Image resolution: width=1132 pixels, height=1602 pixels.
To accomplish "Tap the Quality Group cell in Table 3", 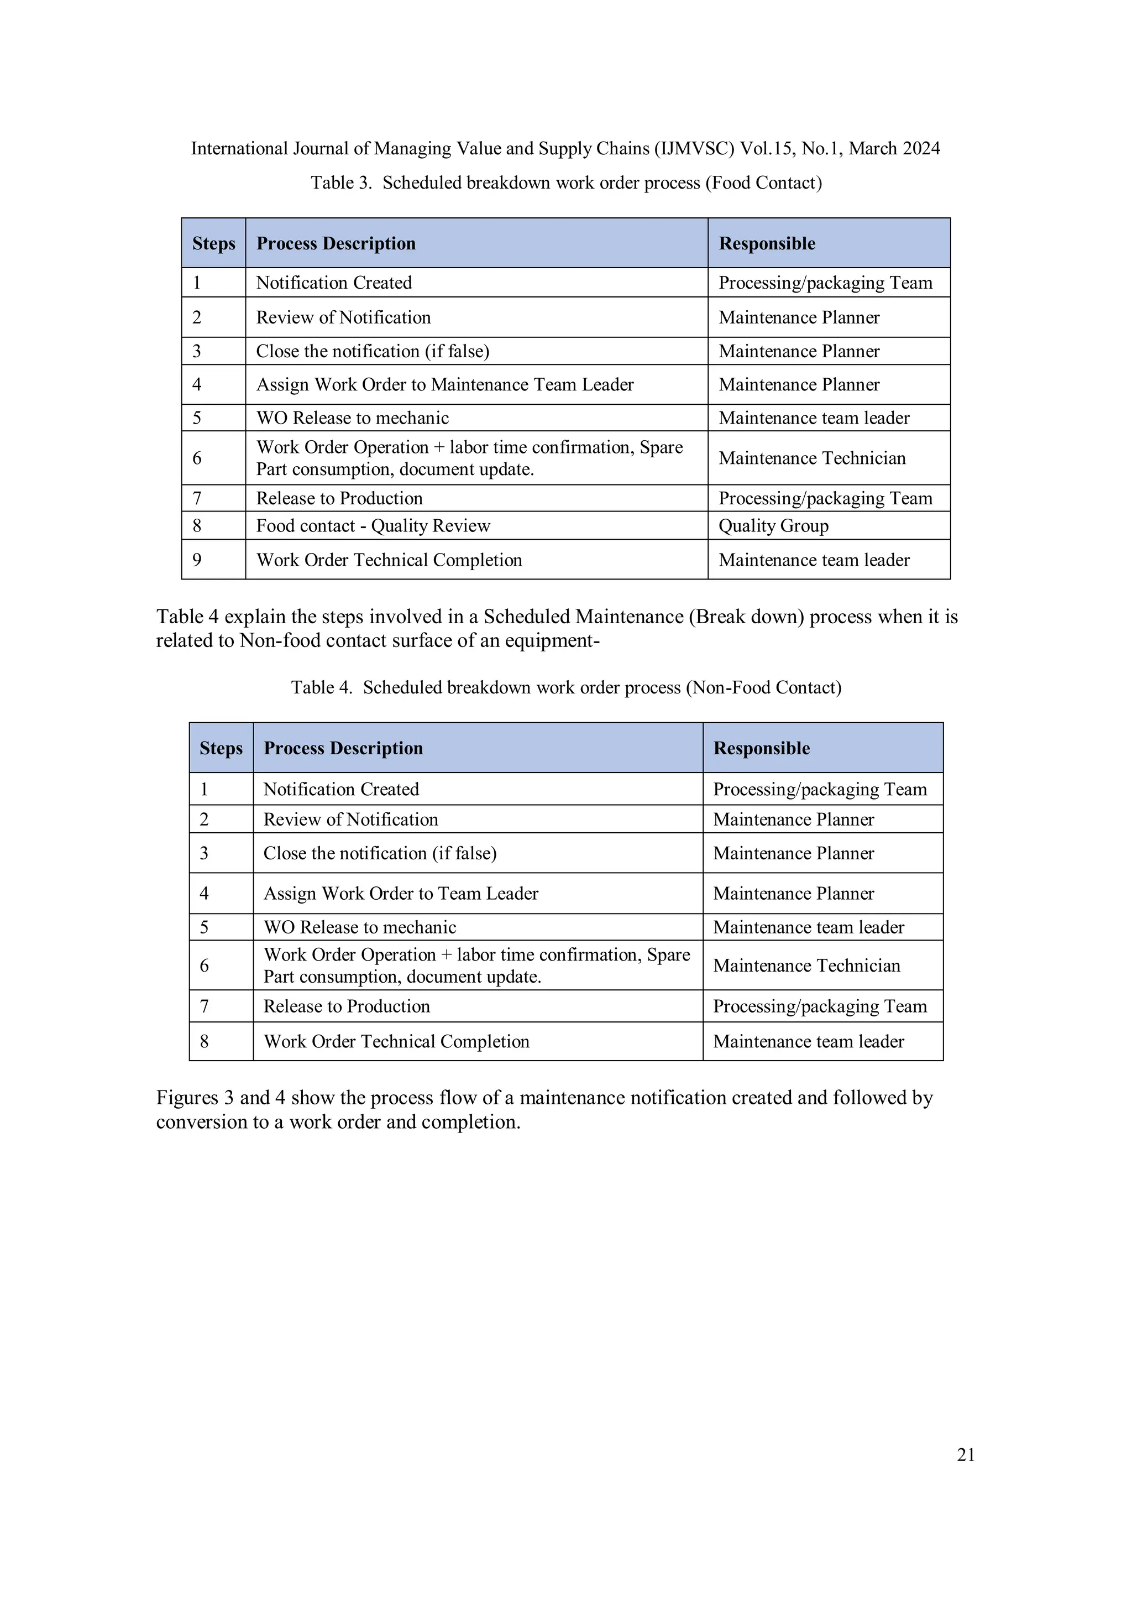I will [773, 525].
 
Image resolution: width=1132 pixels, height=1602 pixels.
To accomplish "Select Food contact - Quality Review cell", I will [373, 525].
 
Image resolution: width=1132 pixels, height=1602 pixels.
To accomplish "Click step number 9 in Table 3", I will [197, 560].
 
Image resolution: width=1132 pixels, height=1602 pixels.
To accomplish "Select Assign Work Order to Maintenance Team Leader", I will [445, 384].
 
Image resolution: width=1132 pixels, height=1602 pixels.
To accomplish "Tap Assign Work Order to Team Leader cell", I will [401, 893].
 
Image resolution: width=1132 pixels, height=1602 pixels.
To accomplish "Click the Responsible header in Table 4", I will [761, 748].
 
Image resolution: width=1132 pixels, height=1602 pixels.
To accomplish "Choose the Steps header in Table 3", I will [213, 243].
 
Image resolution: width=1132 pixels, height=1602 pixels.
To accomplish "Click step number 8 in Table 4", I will [205, 1041].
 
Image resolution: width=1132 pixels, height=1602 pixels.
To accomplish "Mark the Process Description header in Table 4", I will [343, 748].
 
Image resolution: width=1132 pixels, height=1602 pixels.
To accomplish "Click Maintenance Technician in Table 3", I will [812, 458].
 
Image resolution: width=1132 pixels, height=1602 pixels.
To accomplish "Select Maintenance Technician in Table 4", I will [806, 965].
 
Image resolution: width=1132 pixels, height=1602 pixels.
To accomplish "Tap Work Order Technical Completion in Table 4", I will [396, 1041].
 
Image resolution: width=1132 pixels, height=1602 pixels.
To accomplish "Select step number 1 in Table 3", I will [197, 283].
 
